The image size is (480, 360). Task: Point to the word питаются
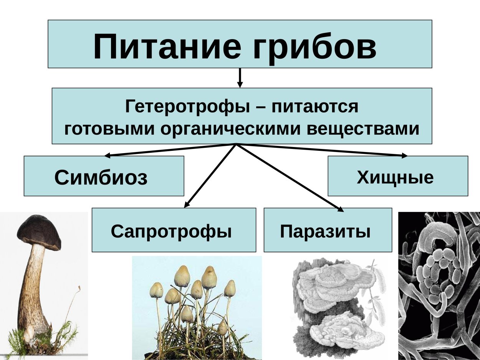coord(315,106)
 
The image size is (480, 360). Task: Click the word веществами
coord(363,129)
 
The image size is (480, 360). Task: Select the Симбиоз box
coord(104,176)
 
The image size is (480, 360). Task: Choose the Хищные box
coord(397,176)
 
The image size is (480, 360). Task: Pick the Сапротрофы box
coord(174,230)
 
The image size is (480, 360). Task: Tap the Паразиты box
coord(328,230)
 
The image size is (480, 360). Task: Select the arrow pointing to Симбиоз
coord(169,150)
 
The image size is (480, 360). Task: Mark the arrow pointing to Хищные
coord(323,150)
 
